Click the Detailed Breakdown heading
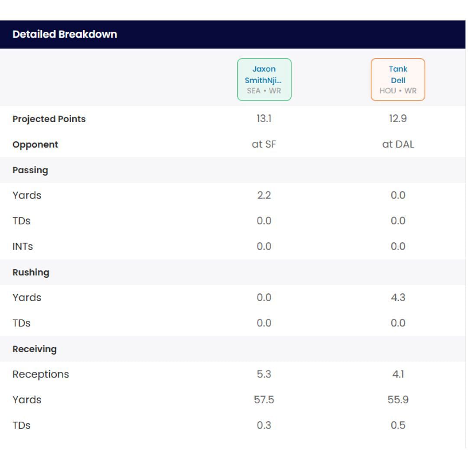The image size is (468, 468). [65, 34]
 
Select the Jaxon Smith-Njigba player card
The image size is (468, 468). [264, 80]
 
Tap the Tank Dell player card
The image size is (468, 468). [398, 80]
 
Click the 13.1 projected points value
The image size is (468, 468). [264, 119]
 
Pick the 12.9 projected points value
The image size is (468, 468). [398, 119]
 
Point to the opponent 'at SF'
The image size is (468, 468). [264, 144]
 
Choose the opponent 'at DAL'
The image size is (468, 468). [398, 144]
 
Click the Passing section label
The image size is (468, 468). [30, 170]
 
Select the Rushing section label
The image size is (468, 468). [31, 272]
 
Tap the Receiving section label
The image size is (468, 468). [35, 349]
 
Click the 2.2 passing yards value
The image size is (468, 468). [264, 195]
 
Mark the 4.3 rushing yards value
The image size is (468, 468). [398, 298]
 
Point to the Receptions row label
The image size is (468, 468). [41, 374]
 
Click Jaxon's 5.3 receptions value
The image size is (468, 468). [264, 374]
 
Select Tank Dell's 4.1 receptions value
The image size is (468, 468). [398, 374]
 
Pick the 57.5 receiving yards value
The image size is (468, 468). [264, 400]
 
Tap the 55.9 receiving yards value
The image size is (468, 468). [398, 400]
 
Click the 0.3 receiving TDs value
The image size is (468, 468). [264, 426]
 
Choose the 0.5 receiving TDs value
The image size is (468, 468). [398, 426]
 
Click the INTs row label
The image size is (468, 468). [23, 247]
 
